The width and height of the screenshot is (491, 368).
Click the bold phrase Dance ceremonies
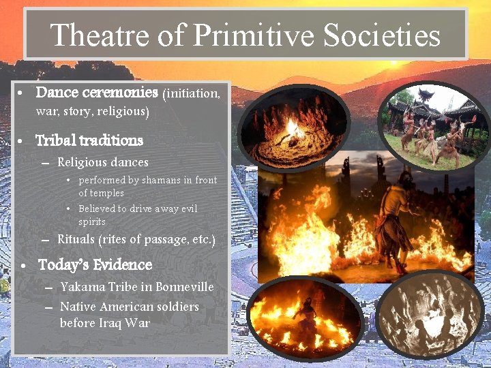coord(97,91)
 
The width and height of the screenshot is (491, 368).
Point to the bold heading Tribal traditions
coord(89,140)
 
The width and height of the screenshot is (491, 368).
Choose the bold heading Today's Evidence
coord(95,264)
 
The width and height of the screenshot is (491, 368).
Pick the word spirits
coord(92,222)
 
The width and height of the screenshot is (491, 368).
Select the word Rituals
coord(76,240)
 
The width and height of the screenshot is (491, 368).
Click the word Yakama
coord(80,287)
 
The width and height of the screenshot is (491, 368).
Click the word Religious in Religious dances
coord(82,162)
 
